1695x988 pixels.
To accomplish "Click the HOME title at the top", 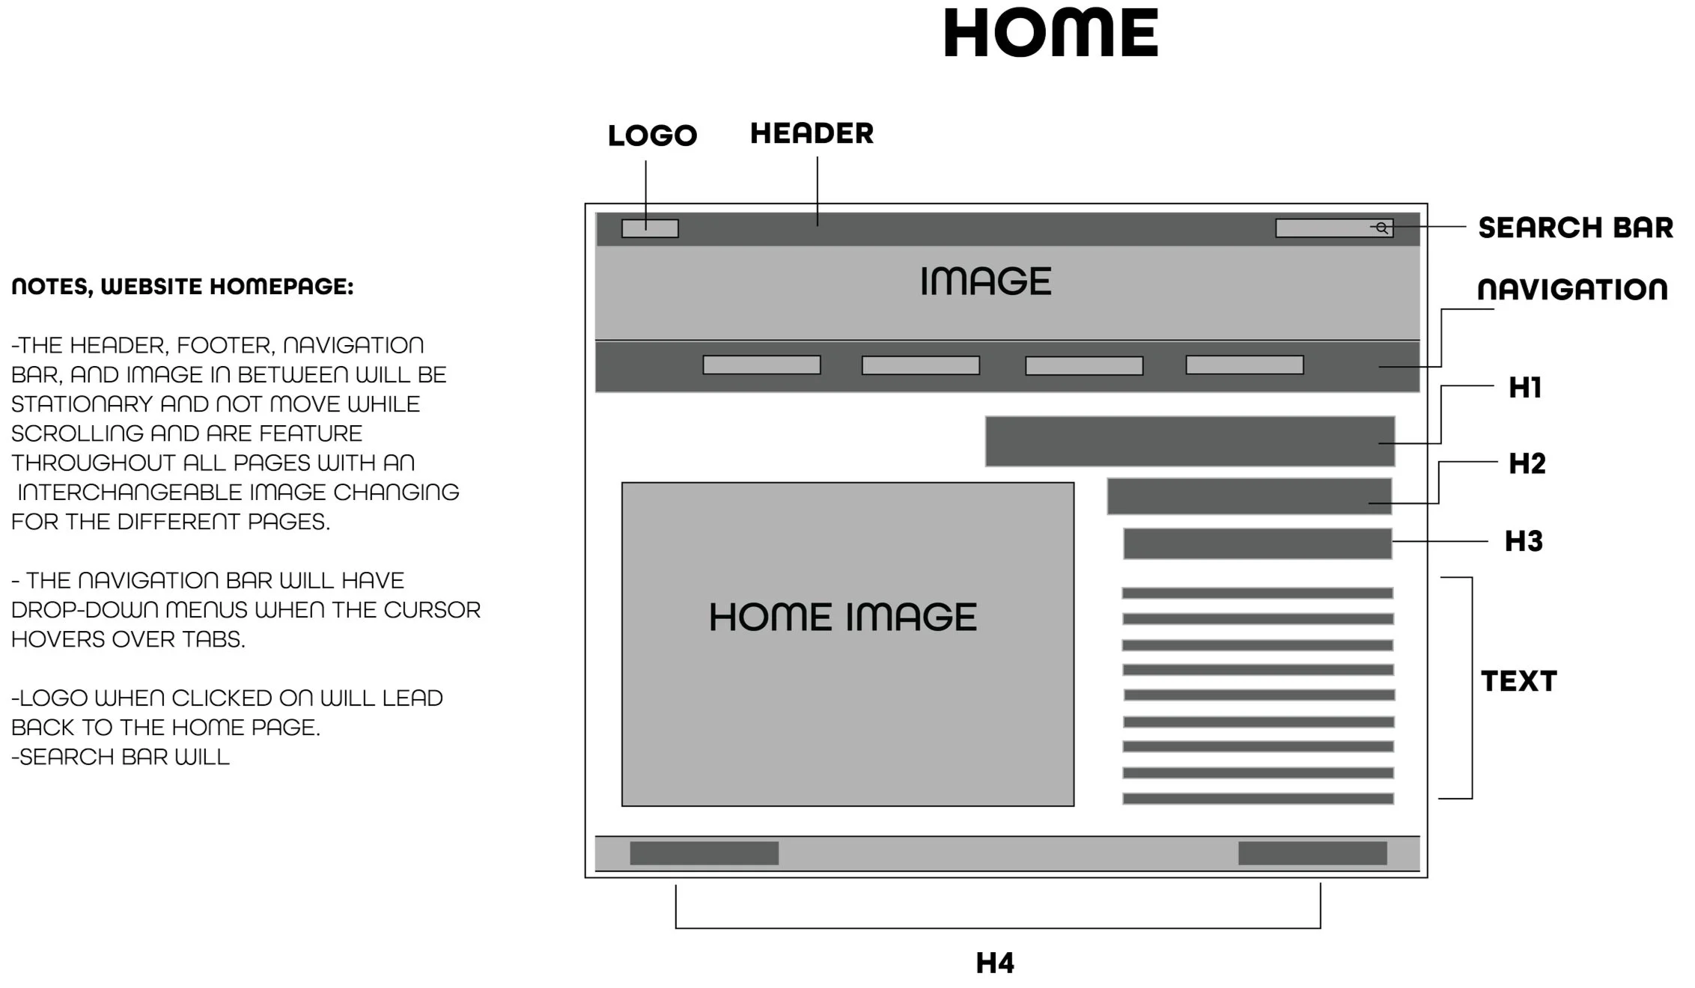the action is tap(1050, 34).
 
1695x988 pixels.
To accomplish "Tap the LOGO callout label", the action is tap(652, 135).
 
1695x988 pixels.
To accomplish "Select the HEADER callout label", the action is tap(812, 133).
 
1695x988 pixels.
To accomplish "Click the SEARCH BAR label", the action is tap(1575, 228).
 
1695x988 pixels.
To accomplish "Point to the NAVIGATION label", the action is tap(1572, 290).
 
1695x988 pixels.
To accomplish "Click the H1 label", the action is tap(1525, 388).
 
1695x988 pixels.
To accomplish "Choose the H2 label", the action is tap(1527, 464).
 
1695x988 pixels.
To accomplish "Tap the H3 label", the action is tap(1524, 541).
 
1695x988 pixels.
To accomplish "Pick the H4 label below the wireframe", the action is tap(995, 963).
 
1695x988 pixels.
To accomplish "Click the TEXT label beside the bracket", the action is tap(1519, 681).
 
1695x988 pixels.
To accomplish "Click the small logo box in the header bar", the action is tap(650, 228).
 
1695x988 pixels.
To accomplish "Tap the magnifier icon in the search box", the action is tap(1382, 228).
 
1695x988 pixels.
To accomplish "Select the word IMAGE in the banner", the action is tap(985, 281).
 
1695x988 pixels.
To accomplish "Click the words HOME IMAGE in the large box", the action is tap(843, 617).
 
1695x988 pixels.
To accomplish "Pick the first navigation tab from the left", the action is tap(761, 365).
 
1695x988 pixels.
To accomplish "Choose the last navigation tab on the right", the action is tap(1244, 365).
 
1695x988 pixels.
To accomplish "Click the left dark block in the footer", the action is tap(704, 853).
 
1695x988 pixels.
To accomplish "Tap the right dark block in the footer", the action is tap(1312, 853).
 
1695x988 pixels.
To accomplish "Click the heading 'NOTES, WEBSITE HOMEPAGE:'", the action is tap(182, 287).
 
